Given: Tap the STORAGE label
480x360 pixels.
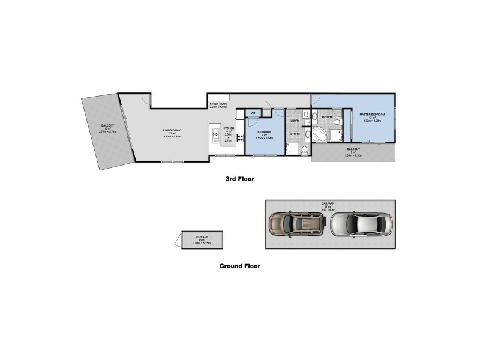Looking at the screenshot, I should click(200, 237).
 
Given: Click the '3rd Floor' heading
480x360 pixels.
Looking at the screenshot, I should click(239, 178).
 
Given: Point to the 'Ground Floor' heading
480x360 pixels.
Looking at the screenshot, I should click(239, 265).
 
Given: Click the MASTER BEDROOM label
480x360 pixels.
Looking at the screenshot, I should click(372, 114).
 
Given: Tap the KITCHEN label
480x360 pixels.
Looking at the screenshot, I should click(228, 128).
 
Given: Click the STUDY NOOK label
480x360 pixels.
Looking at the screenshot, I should click(218, 104).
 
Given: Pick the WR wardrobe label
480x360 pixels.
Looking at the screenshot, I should click(253, 112).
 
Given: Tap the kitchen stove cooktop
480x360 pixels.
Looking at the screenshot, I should click(240, 137).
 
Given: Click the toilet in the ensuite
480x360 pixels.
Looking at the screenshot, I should click(337, 122).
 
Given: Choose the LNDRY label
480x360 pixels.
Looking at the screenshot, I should click(295, 121).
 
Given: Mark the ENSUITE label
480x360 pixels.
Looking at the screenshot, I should click(327, 117).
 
